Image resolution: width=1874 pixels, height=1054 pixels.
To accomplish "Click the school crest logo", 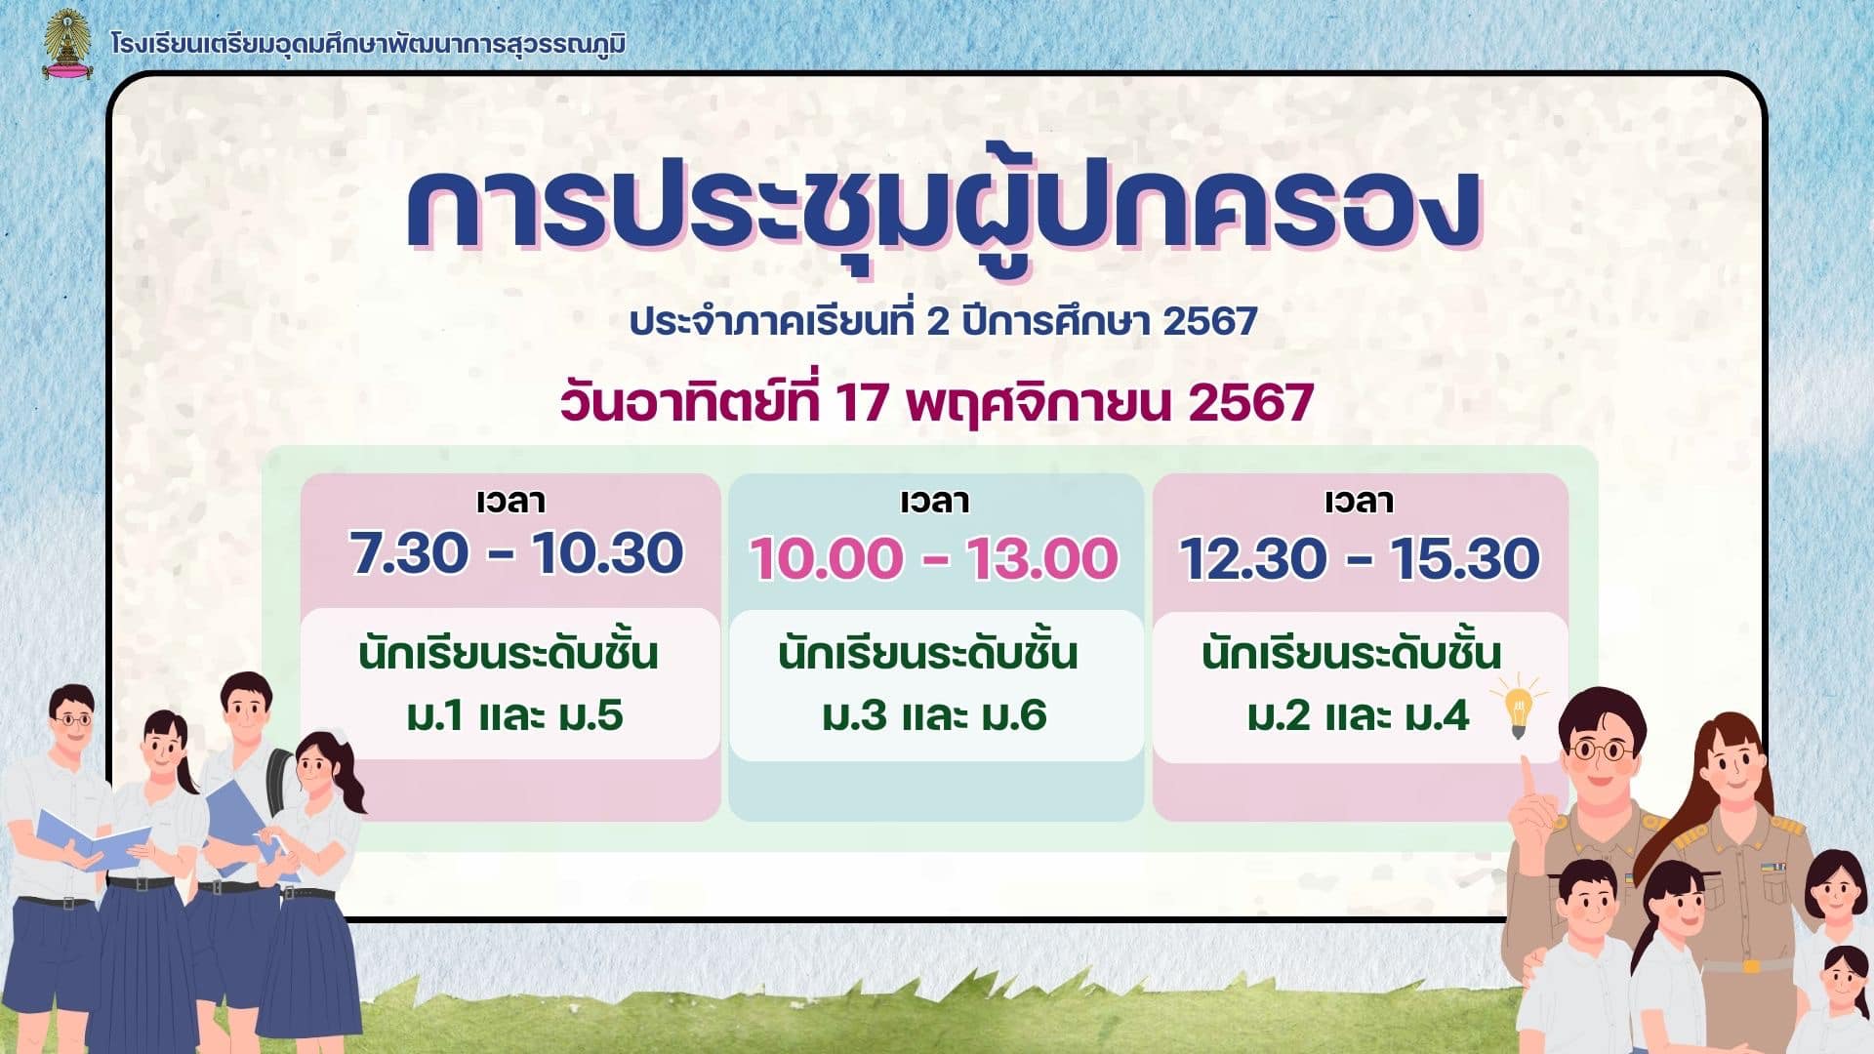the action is (66, 44).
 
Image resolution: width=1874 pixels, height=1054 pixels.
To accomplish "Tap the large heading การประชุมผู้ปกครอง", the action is (943, 209).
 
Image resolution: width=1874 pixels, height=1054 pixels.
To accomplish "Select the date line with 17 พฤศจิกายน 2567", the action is (936, 402).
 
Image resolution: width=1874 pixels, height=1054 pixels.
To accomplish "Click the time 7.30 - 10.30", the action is (516, 553).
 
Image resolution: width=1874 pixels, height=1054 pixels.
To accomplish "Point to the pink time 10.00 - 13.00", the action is (934, 558).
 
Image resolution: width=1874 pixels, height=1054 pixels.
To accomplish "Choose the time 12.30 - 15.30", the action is (1359, 558).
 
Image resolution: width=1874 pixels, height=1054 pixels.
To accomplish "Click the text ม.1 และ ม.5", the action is (514, 715).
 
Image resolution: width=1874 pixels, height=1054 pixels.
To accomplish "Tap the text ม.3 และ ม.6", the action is (934, 715).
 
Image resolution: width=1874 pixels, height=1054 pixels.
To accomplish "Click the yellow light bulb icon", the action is (1518, 709).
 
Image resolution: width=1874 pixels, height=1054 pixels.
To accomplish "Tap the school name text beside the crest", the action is (368, 45).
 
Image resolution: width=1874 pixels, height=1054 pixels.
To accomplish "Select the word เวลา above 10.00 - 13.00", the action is (934, 501).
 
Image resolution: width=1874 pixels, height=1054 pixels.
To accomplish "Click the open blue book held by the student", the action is (93, 839).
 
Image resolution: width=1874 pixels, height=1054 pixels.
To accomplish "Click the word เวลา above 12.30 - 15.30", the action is (1359, 501).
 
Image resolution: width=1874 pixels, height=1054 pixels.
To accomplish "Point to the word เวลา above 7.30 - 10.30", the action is (510, 501).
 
